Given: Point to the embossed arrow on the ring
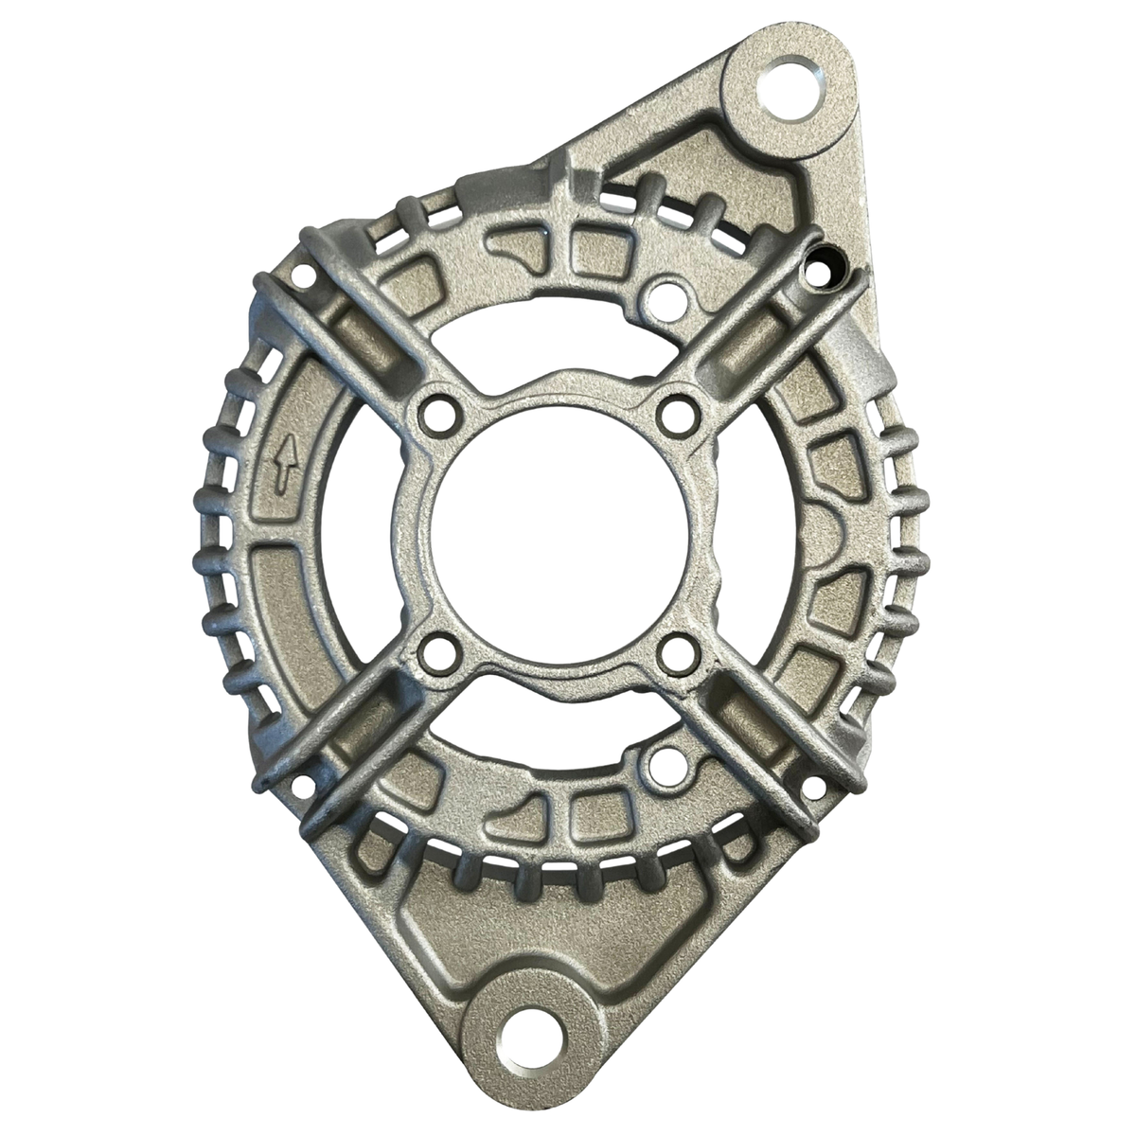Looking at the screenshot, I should (x=281, y=470).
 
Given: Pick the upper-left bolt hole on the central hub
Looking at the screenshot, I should (x=436, y=412).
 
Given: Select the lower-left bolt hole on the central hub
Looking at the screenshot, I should (x=436, y=651).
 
